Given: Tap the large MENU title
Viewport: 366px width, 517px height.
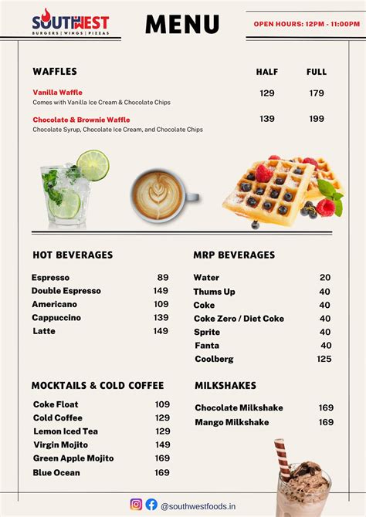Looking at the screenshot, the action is pyautogui.click(x=182, y=25).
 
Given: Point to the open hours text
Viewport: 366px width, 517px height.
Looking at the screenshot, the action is pyautogui.click(x=307, y=24).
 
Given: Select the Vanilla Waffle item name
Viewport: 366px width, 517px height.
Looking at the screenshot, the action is pyautogui.click(x=57, y=93).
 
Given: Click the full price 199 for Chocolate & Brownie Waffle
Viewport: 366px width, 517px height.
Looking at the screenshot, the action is pyautogui.click(x=317, y=120).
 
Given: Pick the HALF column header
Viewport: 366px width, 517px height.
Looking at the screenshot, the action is pyautogui.click(x=267, y=72).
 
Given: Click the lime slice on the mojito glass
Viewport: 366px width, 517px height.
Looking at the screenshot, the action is pyautogui.click(x=93, y=164).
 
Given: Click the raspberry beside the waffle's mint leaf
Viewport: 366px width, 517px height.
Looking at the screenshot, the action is pyautogui.click(x=327, y=207).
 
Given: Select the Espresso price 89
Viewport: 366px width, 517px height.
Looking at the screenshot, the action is pyautogui.click(x=162, y=278).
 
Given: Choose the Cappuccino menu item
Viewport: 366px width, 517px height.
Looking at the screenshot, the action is pyautogui.click(x=56, y=318).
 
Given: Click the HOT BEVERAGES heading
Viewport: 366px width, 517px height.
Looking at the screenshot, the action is pyautogui.click(x=73, y=255).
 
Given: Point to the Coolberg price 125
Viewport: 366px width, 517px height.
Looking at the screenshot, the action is pyautogui.click(x=324, y=359).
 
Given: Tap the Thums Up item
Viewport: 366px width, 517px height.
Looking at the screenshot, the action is pyautogui.click(x=214, y=292).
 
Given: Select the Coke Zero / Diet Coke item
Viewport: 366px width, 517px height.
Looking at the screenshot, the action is pyautogui.click(x=239, y=319).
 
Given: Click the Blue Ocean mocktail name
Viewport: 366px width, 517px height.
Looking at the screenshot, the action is pyautogui.click(x=56, y=472).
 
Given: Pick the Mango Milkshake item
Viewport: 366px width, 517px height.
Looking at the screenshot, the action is pyautogui.click(x=232, y=422).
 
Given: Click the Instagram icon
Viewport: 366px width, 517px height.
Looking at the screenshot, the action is pyautogui.click(x=136, y=504).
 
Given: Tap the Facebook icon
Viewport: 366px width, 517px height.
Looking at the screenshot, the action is pyautogui.click(x=151, y=504).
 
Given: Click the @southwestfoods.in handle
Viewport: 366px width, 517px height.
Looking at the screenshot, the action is pyautogui.click(x=198, y=505).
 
